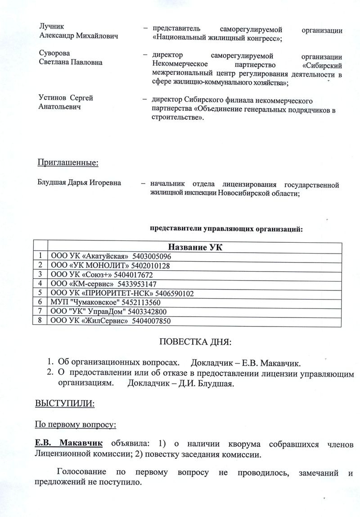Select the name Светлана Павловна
(x=69, y=63)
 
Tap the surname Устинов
(x=53, y=98)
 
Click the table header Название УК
(x=195, y=247)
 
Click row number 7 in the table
(x=40, y=311)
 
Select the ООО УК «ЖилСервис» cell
(x=90, y=321)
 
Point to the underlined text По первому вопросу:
(x=69, y=424)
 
